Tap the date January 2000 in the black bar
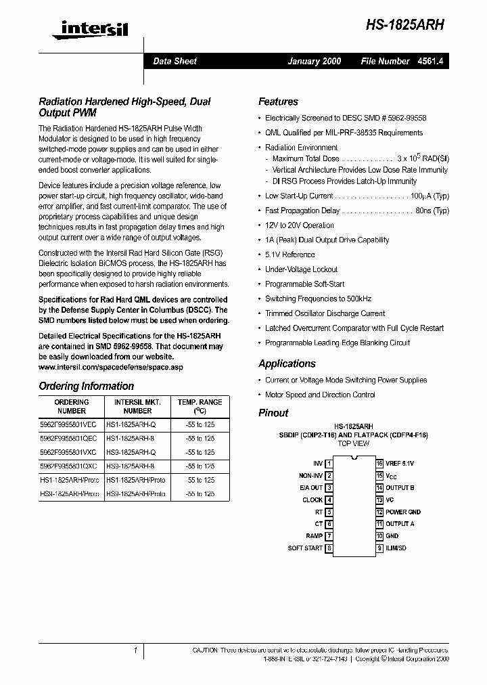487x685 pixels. (x=315, y=61)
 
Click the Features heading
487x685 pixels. (x=278, y=102)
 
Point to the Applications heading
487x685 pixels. (x=287, y=363)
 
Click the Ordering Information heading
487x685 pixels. (x=86, y=386)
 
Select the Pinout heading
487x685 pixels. (x=273, y=413)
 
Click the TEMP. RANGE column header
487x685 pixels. (x=200, y=406)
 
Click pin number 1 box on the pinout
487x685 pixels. (x=329, y=464)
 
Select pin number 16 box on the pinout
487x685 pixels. (x=379, y=464)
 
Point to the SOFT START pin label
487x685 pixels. (x=305, y=548)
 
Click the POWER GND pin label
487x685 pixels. (x=403, y=512)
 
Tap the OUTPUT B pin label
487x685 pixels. (x=400, y=488)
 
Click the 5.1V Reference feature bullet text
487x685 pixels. (x=289, y=255)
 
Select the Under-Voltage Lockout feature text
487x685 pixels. (x=301, y=269)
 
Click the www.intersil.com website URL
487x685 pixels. (x=111, y=367)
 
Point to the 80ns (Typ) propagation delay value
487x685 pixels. (x=432, y=211)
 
